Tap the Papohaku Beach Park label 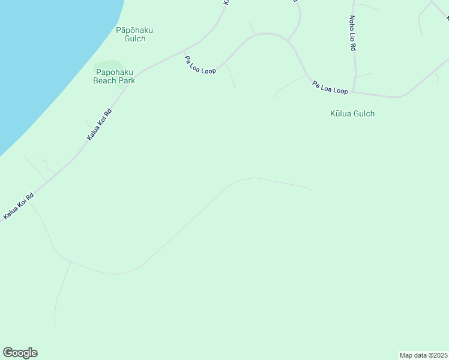tap(114, 76)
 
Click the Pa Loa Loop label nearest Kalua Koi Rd tap(200, 65)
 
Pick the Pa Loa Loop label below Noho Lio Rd tap(330, 87)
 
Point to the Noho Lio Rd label tap(354, 33)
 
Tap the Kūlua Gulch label tap(352, 113)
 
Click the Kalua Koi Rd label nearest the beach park tap(100, 124)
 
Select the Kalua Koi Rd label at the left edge tap(18, 205)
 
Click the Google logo tap(20, 353)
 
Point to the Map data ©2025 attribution tap(423, 355)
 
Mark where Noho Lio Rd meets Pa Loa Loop tap(354, 92)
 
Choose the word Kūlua tap(342, 113)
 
